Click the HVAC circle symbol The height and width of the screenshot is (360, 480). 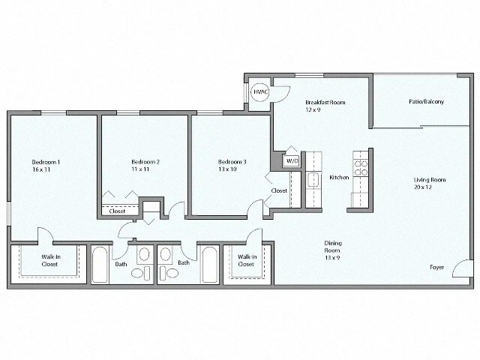click(x=260, y=91)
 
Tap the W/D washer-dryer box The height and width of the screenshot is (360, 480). click(x=292, y=160)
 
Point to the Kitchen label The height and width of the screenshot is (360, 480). click(x=338, y=178)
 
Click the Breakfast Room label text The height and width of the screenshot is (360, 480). click(x=325, y=102)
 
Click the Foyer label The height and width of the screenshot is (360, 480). click(x=436, y=267)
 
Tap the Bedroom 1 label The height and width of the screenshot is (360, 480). click(x=46, y=162)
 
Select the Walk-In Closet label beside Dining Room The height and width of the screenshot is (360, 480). click(x=245, y=260)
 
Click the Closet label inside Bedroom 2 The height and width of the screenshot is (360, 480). click(x=117, y=211)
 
